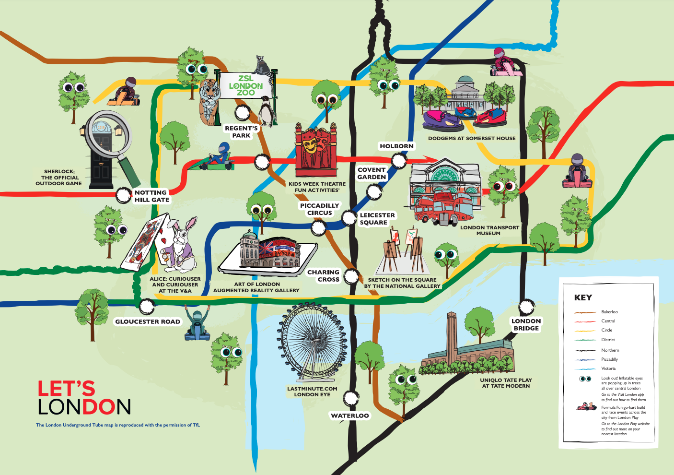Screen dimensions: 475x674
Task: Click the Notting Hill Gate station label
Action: point(151,196)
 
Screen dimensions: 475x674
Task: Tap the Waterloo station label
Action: point(350,416)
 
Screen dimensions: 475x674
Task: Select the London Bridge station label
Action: point(526,325)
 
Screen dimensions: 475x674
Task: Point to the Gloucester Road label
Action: point(148,321)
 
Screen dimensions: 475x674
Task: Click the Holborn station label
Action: point(396,146)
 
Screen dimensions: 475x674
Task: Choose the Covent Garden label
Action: point(372,173)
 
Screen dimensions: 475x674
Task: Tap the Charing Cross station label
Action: point(324,275)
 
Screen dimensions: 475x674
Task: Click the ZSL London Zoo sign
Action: point(246,85)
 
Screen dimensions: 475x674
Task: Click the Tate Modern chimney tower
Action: point(452,336)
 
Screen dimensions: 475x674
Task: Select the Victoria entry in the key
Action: point(608,368)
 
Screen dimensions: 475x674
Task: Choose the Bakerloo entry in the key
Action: point(609,312)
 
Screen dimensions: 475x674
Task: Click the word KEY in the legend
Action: point(583,297)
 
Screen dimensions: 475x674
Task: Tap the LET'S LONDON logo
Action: point(84,398)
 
